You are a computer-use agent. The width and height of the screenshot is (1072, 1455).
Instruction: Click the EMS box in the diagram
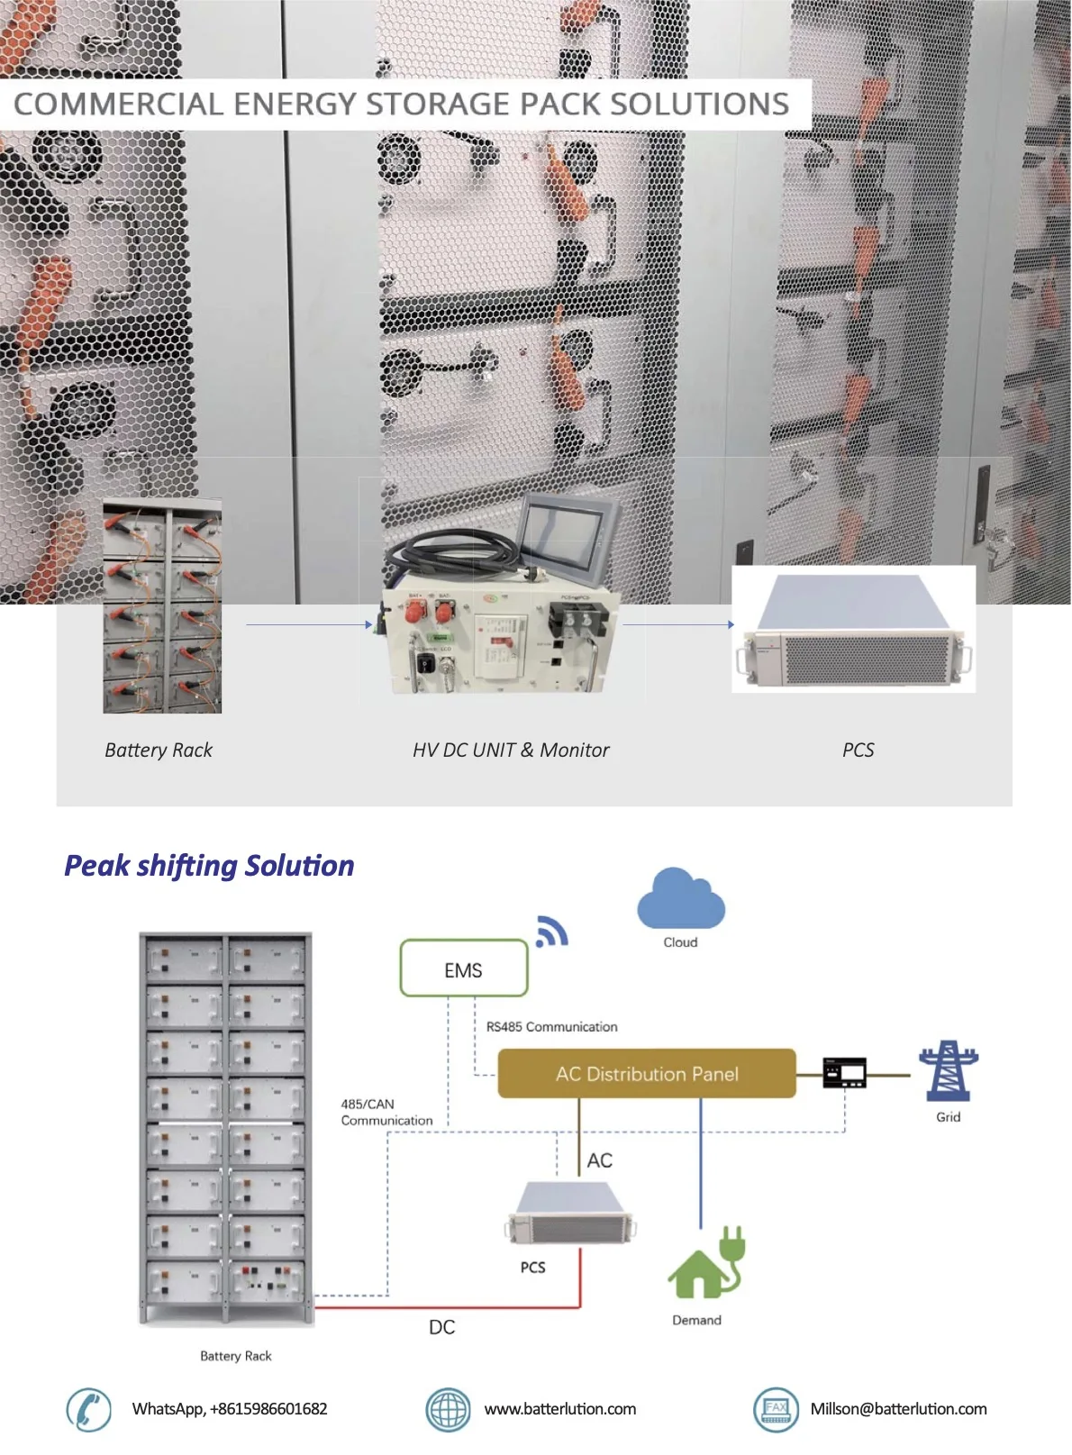463,968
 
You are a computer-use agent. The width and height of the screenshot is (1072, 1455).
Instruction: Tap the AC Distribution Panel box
646,1073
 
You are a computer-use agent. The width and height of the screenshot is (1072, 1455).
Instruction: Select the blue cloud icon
680,899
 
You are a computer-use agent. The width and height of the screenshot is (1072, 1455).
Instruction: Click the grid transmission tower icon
948,1070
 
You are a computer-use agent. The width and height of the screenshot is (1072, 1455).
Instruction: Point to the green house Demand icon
705,1264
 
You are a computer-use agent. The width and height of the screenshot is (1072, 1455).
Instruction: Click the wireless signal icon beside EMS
551,932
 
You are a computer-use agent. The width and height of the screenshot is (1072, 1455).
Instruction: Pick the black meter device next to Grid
844,1072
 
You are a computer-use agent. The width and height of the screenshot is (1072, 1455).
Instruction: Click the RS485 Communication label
551,1026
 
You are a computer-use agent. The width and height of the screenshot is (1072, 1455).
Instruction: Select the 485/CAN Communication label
386,1112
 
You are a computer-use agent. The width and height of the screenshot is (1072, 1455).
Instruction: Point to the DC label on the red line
441,1327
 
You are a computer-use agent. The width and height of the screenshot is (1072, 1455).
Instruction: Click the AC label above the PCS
599,1160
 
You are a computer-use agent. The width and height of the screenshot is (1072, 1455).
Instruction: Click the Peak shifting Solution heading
209,866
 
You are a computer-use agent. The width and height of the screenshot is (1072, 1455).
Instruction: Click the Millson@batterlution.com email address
897,1409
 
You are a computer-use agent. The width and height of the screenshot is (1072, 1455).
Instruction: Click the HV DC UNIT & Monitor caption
511,750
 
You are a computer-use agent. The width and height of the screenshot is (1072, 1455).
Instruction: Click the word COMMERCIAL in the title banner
118,105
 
